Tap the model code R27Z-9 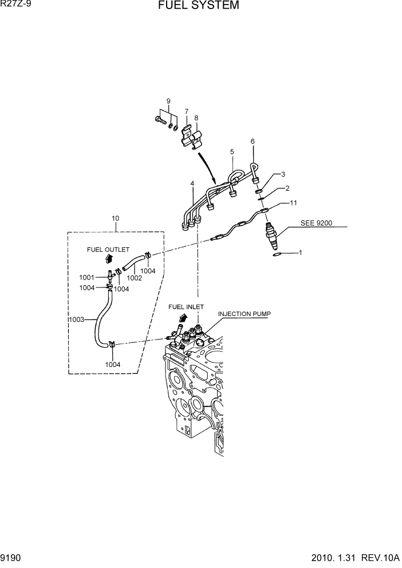coord(17,5)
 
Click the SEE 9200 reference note coord(317,223)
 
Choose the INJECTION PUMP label coord(244,314)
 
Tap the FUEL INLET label coord(186,307)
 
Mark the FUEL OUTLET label coord(108,250)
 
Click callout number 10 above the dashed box coord(115,218)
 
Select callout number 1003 coord(76,319)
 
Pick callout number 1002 coord(134,278)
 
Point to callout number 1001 coord(87,277)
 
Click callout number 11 coord(293,203)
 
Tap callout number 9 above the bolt coord(168,101)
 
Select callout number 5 coord(232,152)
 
